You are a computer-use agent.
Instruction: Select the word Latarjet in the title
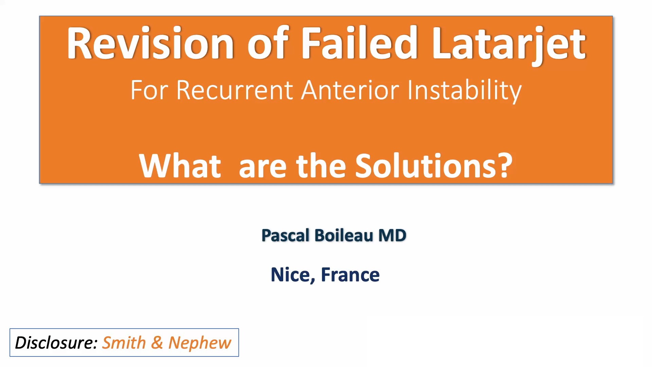click(x=508, y=44)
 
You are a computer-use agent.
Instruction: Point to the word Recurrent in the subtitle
click(x=235, y=90)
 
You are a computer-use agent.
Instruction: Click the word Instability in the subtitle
click(x=464, y=90)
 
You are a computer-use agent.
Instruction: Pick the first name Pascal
click(x=285, y=235)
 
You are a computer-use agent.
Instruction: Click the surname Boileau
click(x=344, y=235)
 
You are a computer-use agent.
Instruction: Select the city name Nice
click(x=292, y=275)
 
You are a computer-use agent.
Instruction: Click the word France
click(x=350, y=275)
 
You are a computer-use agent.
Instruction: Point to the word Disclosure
click(x=56, y=343)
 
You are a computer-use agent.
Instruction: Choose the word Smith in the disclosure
click(x=124, y=343)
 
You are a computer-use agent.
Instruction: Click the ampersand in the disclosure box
click(x=157, y=343)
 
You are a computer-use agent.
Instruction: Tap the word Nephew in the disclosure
click(x=200, y=343)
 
